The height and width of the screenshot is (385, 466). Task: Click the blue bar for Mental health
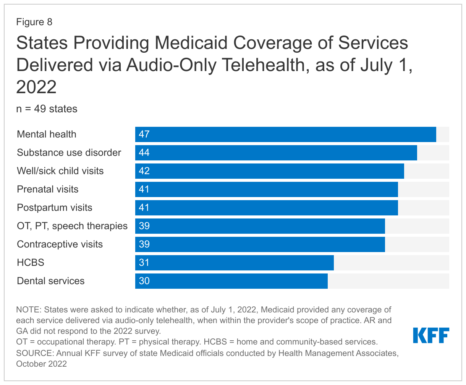click(x=286, y=134)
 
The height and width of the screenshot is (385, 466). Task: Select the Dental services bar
click(x=231, y=281)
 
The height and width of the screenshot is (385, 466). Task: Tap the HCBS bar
click(x=235, y=263)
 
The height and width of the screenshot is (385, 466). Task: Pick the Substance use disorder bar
click(x=276, y=153)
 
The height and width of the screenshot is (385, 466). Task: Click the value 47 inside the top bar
click(x=144, y=134)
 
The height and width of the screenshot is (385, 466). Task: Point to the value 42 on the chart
click(x=144, y=171)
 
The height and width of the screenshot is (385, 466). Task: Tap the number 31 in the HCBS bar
click(x=144, y=263)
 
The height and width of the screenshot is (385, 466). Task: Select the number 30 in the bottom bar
click(x=144, y=281)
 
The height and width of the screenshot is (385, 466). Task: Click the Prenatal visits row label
click(x=48, y=189)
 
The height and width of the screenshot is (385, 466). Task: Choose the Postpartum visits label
click(x=55, y=208)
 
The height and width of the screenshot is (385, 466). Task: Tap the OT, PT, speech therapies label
click(x=72, y=226)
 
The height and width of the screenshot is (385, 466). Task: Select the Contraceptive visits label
click(x=60, y=244)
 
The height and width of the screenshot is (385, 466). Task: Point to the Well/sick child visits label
click(x=60, y=171)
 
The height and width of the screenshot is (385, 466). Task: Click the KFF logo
click(x=431, y=335)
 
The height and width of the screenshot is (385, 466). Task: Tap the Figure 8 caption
click(x=34, y=22)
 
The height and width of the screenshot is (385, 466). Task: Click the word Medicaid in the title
click(x=189, y=43)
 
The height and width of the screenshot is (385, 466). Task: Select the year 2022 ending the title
click(x=36, y=87)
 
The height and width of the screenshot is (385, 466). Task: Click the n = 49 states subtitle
click(x=47, y=109)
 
